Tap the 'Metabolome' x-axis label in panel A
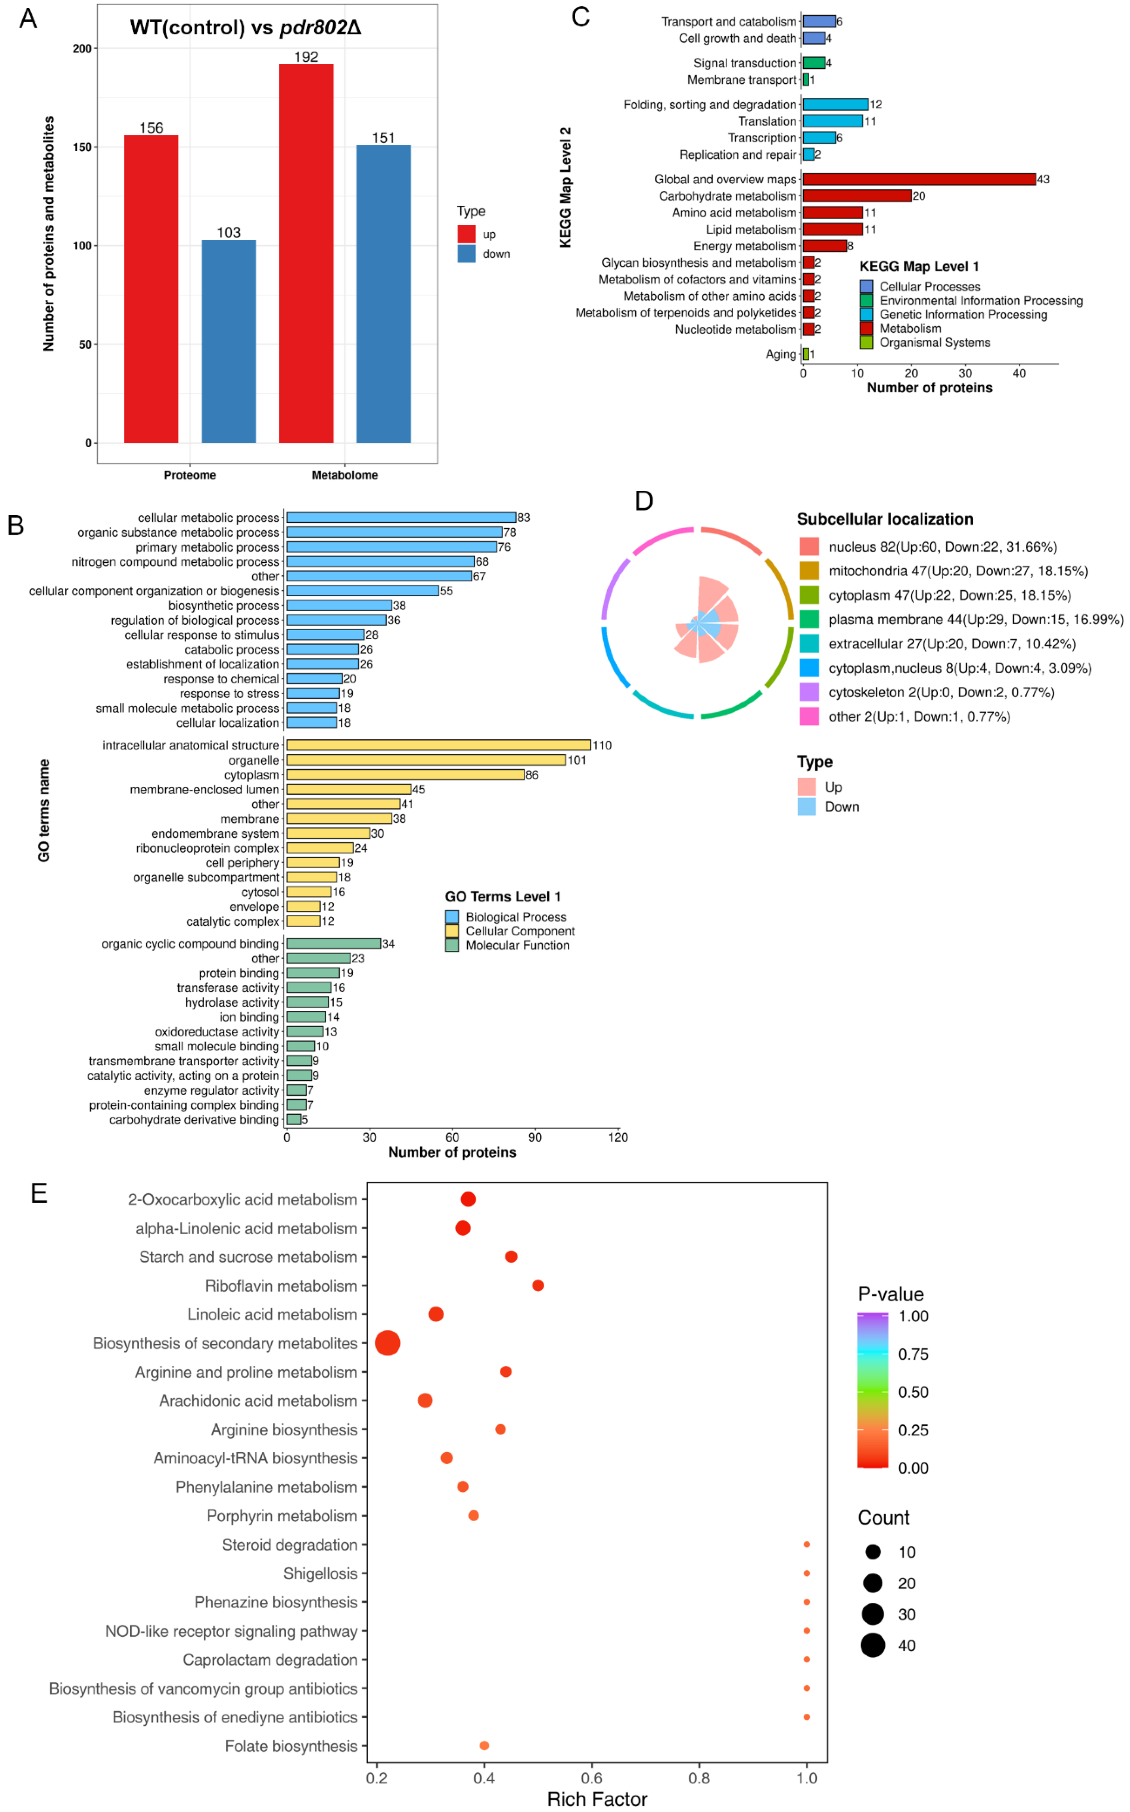[x=345, y=475]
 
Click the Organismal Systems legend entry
[x=934, y=342]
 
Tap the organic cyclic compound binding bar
[x=333, y=943]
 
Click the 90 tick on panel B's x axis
[x=535, y=1137]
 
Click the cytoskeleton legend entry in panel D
[x=941, y=692]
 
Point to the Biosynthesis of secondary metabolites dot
[x=387, y=1343]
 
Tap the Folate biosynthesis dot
[x=484, y=1746]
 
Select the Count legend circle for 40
[x=872, y=1645]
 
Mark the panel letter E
[x=39, y=1193]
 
